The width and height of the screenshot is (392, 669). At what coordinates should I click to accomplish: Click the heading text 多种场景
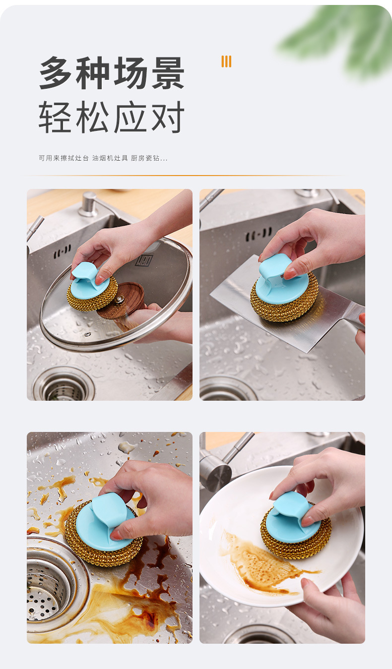tap(112, 72)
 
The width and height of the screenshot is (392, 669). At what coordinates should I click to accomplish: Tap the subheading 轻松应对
tap(112, 117)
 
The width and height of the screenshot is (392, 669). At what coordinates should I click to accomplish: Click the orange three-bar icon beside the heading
tap(226, 61)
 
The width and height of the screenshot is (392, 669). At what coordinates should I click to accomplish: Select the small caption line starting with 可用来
tap(103, 158)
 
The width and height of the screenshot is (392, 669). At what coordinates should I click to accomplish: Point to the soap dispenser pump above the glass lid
tap(88, 204)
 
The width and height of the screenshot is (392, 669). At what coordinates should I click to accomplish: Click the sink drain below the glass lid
tap(64, 385)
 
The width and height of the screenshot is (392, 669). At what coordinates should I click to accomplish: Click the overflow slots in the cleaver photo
tap(259, 235)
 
